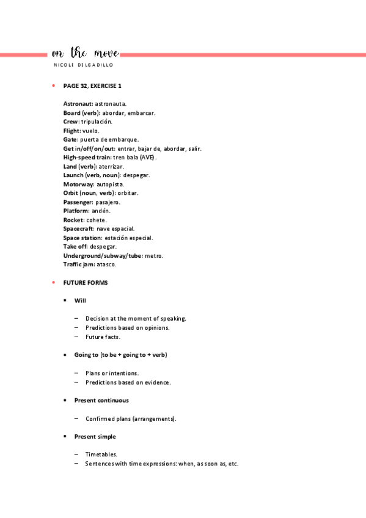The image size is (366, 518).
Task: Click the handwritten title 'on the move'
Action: (x=86, y=53)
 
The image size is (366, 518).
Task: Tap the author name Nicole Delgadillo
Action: (x=83, y=65)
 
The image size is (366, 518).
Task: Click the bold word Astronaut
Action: (x=78, y=104)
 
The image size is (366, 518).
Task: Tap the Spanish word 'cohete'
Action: (x=97, y=220)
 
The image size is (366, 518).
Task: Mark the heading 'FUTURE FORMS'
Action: (x=85, y=282)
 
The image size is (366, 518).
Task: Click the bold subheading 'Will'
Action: (x=80, y=301)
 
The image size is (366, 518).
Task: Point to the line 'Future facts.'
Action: (x=103, y=337)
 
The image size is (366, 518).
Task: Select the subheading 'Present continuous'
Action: (x=101, y=400)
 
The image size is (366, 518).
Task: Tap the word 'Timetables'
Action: (x=101, y=454)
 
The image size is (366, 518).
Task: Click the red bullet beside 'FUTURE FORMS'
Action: (x=54, y=282)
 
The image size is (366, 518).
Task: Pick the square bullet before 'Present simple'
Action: (x=65, y=437)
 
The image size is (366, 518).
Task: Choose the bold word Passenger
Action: (x=78, y=202)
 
